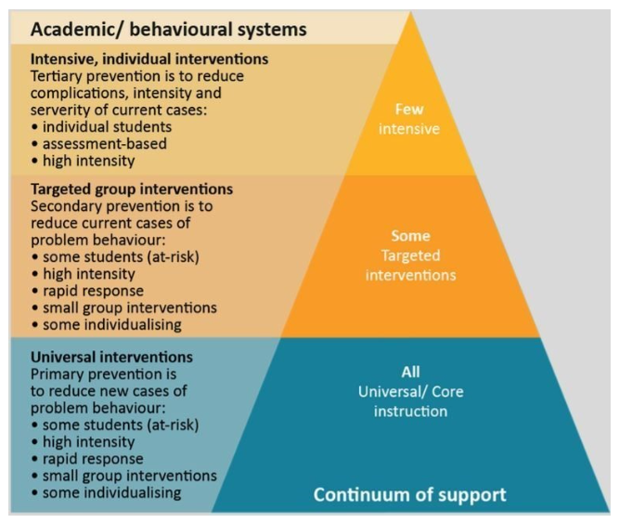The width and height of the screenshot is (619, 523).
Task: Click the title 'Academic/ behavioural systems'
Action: [x=168, y=30]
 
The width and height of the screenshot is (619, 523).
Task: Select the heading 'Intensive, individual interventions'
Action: [x=149, y=59]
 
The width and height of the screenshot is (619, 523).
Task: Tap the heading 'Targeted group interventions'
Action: [x=132, y=190]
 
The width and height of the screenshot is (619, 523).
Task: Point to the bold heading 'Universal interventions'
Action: [x=112, y=357]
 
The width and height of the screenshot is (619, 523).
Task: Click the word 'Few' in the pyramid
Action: [x=409, y=110]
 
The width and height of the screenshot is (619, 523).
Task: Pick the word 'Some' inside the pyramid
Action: [x=409, y=236]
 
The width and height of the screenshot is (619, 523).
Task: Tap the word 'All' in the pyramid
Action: [x=410, y=373]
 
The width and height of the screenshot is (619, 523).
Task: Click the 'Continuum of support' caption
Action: [x=409, y=494]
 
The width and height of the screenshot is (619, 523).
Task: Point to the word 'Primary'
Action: [x=58, y=373]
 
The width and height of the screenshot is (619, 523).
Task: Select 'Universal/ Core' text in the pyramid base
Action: [x=410, y=391]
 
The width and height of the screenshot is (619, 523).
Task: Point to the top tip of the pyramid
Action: [x=409, y=13]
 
